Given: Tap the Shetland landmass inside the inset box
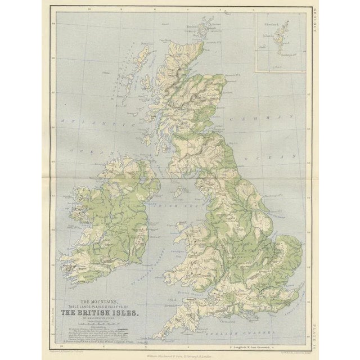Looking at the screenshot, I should [277, 42].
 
